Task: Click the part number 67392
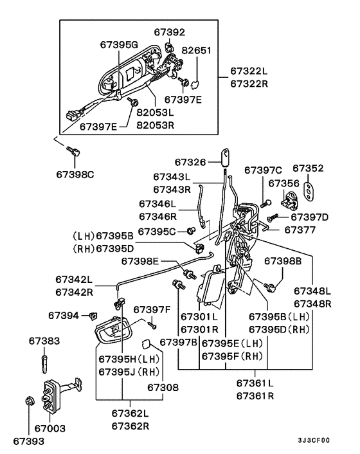pos(170,31)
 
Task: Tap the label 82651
pos(197,50)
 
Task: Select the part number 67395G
pos(119,44)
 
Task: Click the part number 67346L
pos(161,204)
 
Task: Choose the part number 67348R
pos(312,303)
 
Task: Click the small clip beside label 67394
pos(93,315)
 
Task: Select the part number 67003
pos(50,428)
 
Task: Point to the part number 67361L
pos(255,384)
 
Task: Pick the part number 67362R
pos(130,425)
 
